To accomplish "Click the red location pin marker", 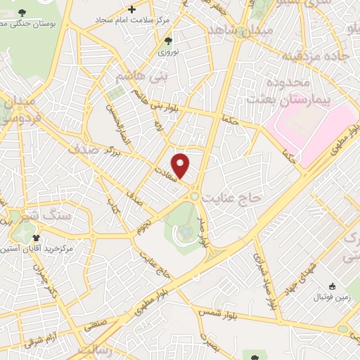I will coord(181,165).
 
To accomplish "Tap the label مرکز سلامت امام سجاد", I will coord(134,19).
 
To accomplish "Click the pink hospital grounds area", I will coord(309,127).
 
